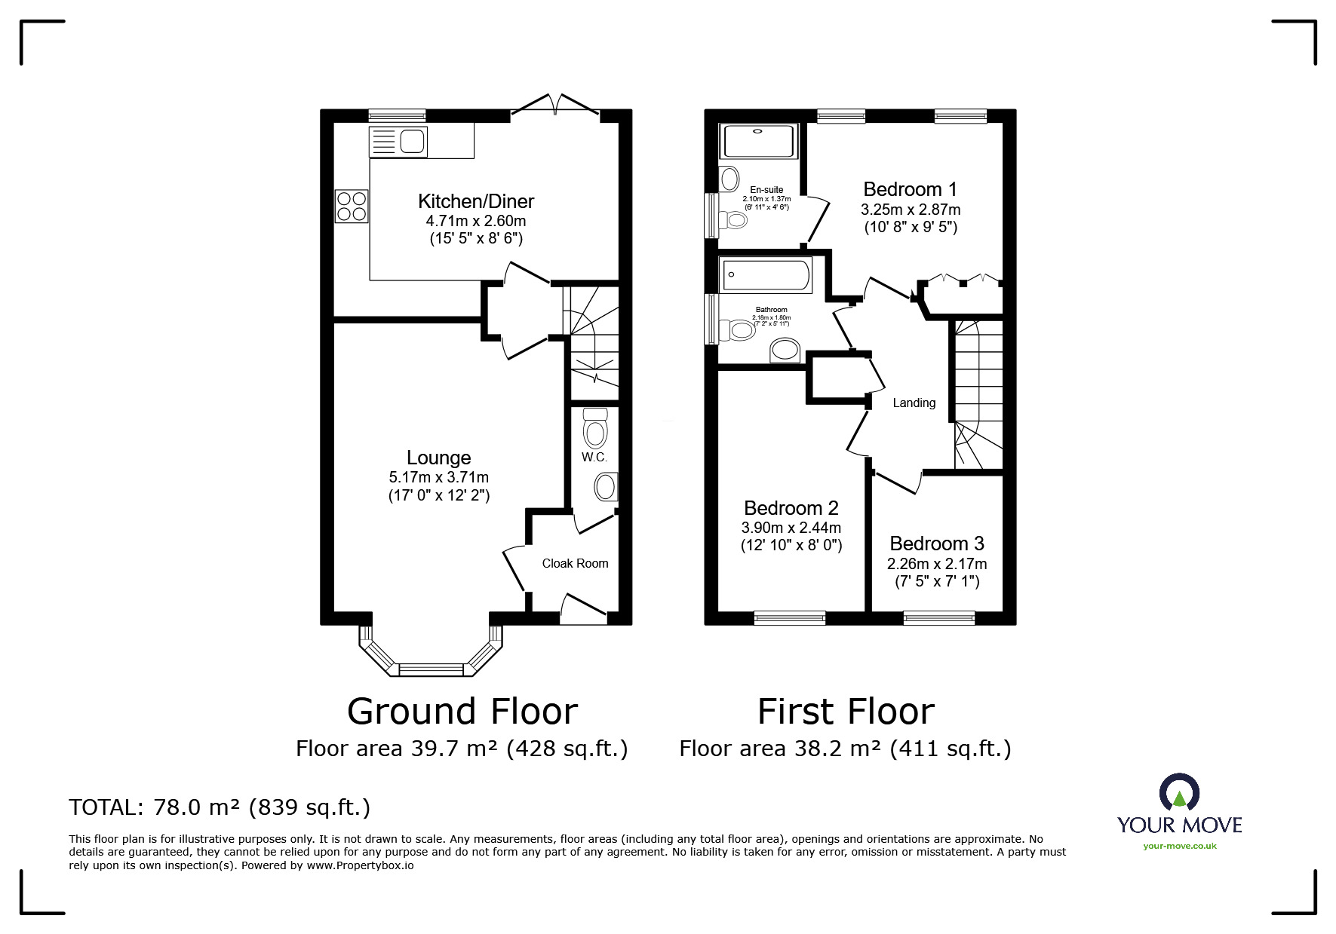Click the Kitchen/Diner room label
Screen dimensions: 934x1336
475,201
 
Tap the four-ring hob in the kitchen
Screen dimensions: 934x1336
352,206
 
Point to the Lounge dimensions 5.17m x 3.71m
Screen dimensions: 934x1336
438,477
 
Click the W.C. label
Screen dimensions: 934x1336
594,458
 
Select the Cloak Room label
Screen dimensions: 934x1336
575,563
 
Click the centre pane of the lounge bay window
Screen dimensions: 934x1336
431,668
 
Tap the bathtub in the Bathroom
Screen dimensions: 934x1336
765,274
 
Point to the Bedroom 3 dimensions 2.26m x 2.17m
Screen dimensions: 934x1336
936,564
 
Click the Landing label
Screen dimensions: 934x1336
914,403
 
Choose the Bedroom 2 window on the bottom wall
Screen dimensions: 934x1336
789,618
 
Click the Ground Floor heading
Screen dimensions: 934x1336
462,711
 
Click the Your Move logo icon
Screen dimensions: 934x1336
1178,793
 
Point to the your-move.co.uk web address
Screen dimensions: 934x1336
1179,846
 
